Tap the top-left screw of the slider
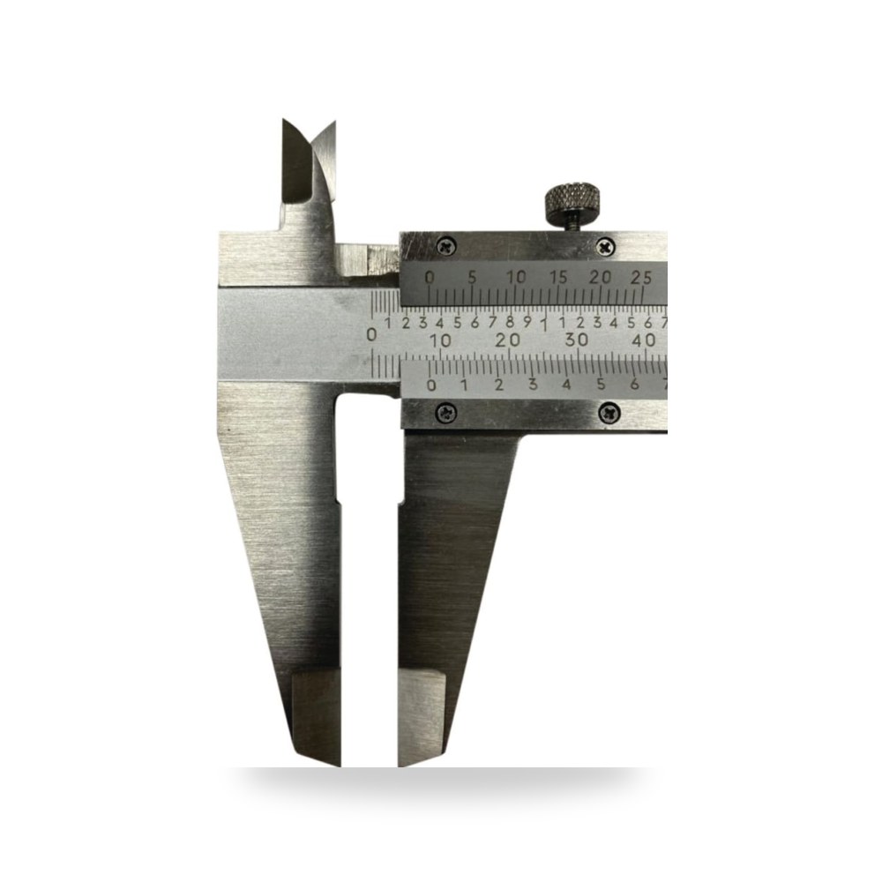point(446,245)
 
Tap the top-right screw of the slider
point(605,246)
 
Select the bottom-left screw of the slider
point(446,414)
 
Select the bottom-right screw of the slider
point(609,414)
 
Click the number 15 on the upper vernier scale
point(558,277)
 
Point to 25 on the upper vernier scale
point(642,277)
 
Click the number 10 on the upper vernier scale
point(516,277)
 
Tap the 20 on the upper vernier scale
point(600,277)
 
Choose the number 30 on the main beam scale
point(577,340)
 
